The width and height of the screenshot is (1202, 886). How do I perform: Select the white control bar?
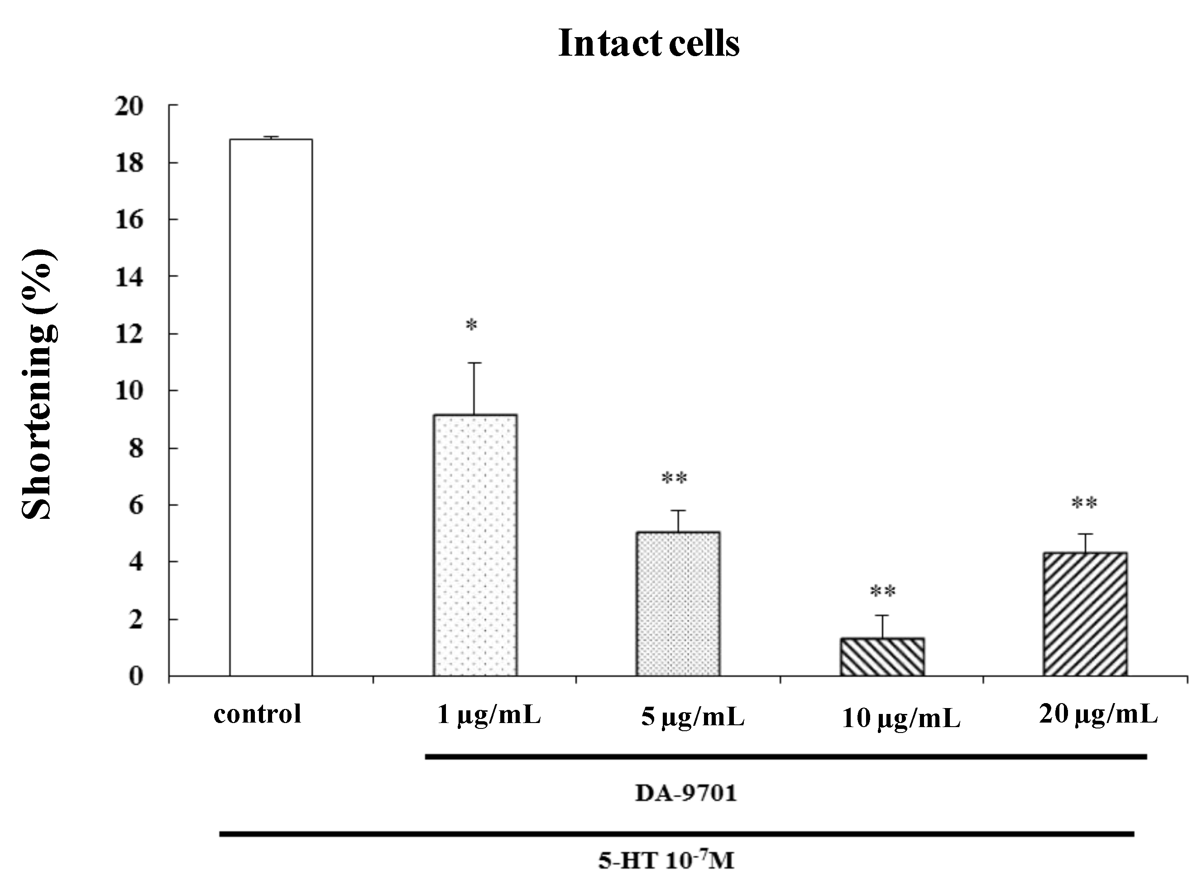point(271,407)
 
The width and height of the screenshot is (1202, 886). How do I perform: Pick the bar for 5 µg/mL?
point(678,604)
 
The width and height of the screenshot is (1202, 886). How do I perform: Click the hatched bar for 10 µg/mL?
point(882,656)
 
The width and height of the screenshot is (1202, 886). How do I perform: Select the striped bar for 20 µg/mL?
point(1085,614)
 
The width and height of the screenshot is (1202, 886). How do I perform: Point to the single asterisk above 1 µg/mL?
point(471,325)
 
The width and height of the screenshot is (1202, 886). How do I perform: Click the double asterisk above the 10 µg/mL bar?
point(882,592)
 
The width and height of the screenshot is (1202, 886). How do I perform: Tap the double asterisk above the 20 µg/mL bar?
point(1084,503)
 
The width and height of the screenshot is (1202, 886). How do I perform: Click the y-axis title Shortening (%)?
point(38,384)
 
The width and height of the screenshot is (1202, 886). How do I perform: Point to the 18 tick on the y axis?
point(129,163)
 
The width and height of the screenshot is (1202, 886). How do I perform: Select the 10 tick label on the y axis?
point(129,391)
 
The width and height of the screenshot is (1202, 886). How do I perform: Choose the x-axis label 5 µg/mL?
point(692,717)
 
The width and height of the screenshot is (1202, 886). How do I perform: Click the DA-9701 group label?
point(686,793)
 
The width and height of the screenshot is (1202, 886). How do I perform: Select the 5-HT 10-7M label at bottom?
point(666,861)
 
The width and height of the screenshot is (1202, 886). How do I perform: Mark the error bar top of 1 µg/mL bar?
point(474,363)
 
